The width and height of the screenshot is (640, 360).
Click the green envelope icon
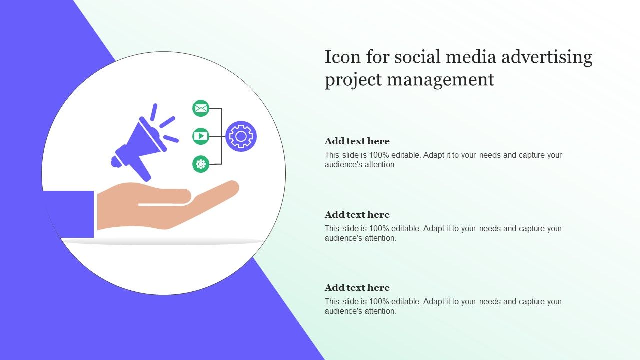[x=201, y=108]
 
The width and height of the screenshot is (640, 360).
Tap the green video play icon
[x=201, y=136]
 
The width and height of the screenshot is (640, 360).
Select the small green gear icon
[x=201, y=164]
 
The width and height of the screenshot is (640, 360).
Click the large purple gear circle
[x=241, y=136]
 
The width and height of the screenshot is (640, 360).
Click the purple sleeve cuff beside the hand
[x=68, y=214]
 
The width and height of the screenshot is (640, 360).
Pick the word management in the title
[x=441, y=80]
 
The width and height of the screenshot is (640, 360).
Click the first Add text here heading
[x=357, y=141]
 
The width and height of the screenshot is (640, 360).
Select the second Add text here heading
[x=357, y=215]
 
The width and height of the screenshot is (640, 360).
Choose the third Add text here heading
[x=357, y=287]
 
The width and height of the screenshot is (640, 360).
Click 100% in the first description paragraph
[x=379, y=155]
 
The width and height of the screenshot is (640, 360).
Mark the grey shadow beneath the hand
[x=163, y=242]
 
